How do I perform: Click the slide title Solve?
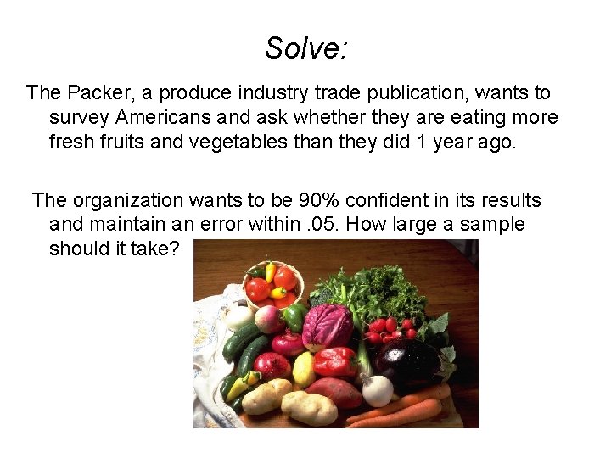click(x=305, y=47)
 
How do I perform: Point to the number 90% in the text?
click(x=322, y=200)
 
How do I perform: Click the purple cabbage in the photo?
click(x=327, y=327)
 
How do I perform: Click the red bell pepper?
click(x=334, y=363)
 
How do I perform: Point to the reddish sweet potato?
click(x=333, y=392)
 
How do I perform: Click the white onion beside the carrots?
click(x=376, y=389)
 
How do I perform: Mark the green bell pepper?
click(x=294, y=316)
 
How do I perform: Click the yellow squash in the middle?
click(x=303, y=370)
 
